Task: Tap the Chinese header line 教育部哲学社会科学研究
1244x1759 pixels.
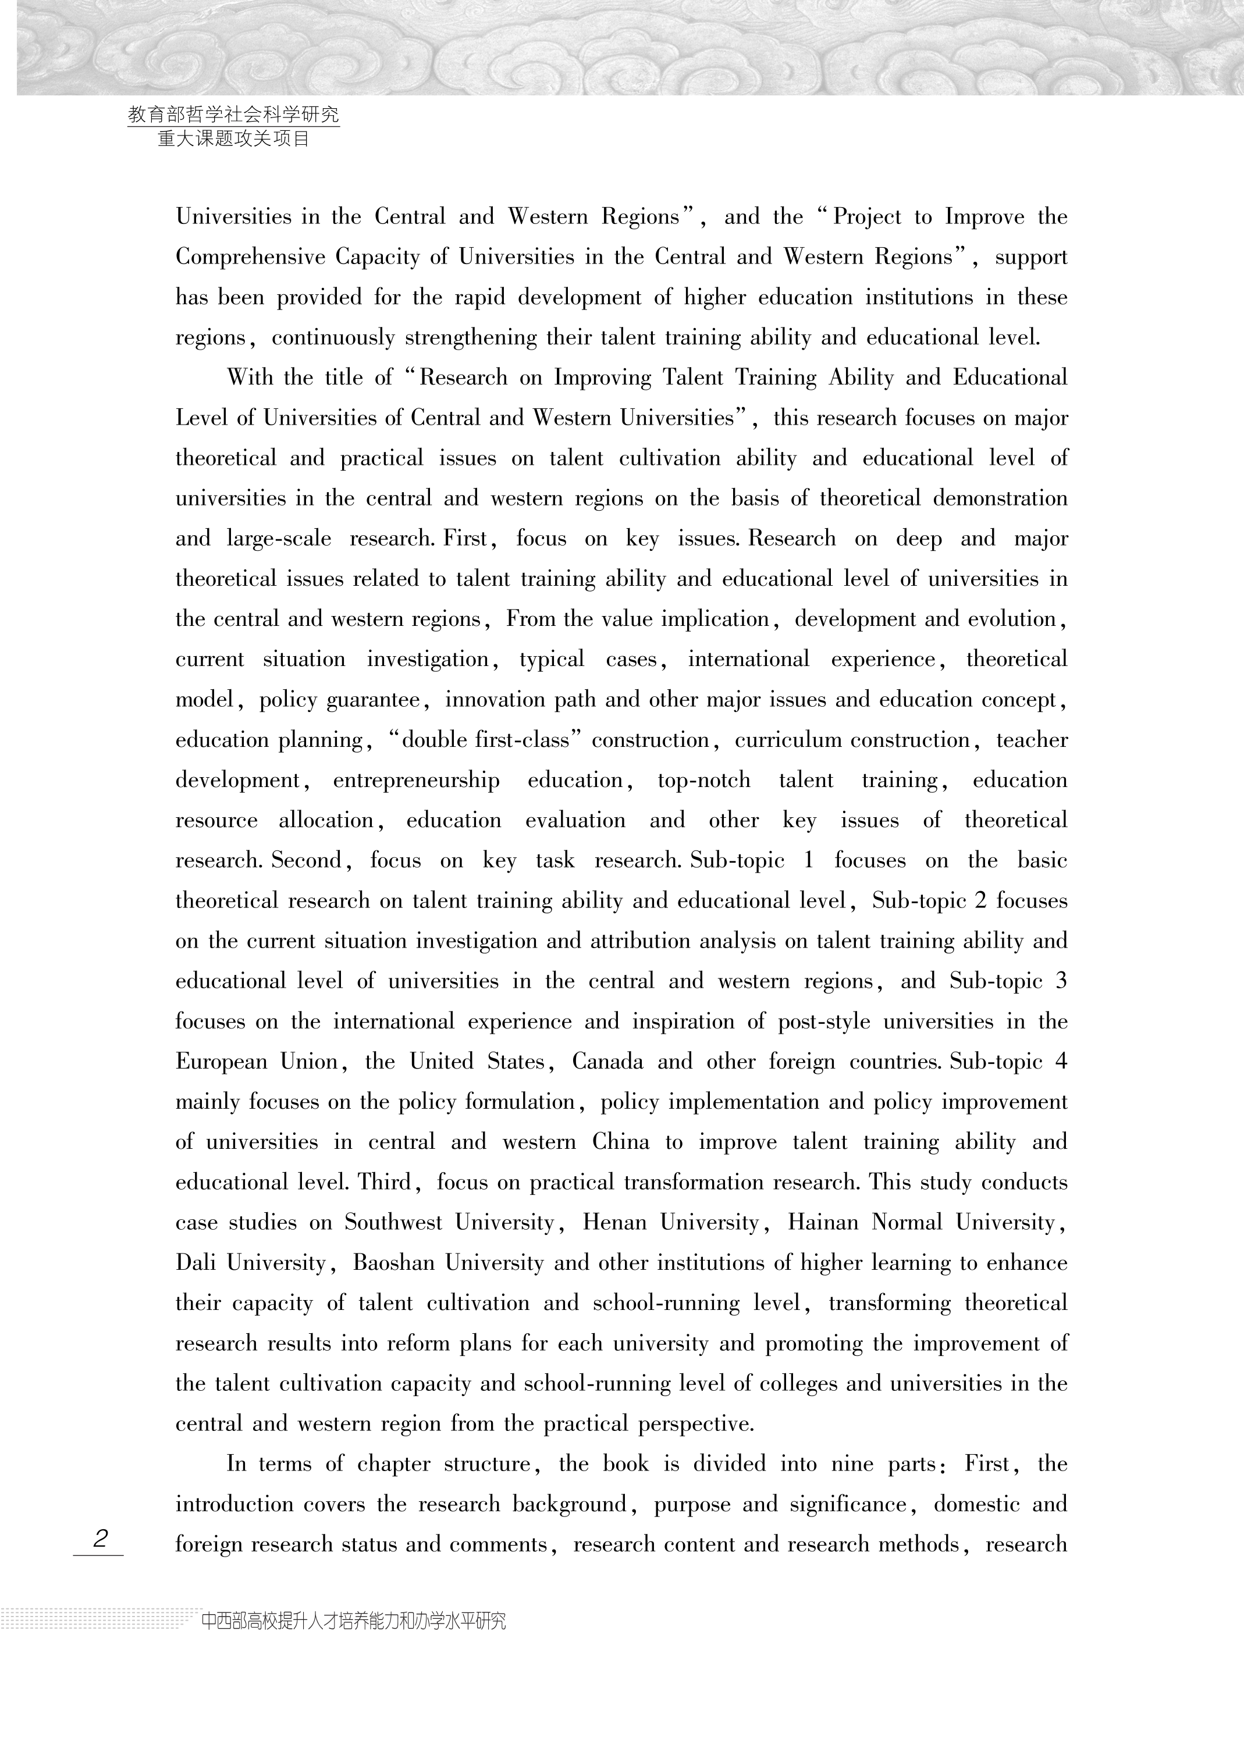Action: point(233,115)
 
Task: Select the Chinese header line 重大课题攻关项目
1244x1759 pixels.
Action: point(233,138)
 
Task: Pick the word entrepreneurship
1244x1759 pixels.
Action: point(415,781)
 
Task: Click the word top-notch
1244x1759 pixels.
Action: point(703,781)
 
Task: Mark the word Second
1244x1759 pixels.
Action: point(311,860)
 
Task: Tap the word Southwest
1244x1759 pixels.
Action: point(392,1222)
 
